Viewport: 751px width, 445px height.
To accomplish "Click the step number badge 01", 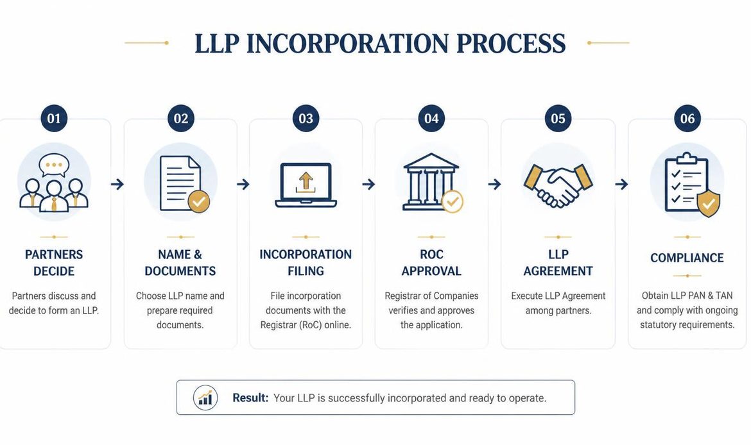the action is click(54, 118).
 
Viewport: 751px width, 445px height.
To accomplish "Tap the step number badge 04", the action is click(431, 118).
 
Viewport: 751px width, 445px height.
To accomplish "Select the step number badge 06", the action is click(687, 118).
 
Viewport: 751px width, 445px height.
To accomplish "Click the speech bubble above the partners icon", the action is click(54, 165).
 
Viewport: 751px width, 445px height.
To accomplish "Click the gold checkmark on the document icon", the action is click(199, 201).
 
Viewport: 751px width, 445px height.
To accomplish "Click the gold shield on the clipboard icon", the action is click(709, 203).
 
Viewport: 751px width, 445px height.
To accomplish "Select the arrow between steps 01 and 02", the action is click(117, 184).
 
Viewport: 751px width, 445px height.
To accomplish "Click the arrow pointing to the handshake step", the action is click(494, 184).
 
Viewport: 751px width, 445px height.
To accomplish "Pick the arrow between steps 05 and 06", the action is click(621, 184).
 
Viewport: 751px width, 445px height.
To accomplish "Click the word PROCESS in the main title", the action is click(511, 44).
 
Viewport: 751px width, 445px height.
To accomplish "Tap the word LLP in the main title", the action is click(217, 44).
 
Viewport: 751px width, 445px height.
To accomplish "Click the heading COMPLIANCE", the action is click(687, 258).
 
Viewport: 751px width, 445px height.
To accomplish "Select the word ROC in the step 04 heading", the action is click(431, 255).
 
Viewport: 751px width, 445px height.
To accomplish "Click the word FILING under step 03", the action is click(306, 271).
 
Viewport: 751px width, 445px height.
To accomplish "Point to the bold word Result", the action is click(250, 398).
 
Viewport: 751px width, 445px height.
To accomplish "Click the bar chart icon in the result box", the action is click(205, 398).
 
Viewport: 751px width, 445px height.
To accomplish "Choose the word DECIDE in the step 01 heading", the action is click(54, 271).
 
